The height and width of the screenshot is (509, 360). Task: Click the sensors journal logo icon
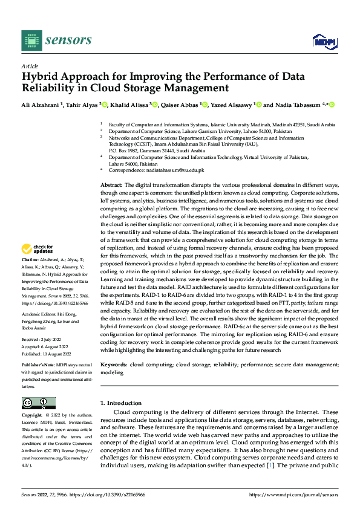31,40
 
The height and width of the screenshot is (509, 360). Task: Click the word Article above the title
30,66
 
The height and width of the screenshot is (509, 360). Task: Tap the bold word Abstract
111,184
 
